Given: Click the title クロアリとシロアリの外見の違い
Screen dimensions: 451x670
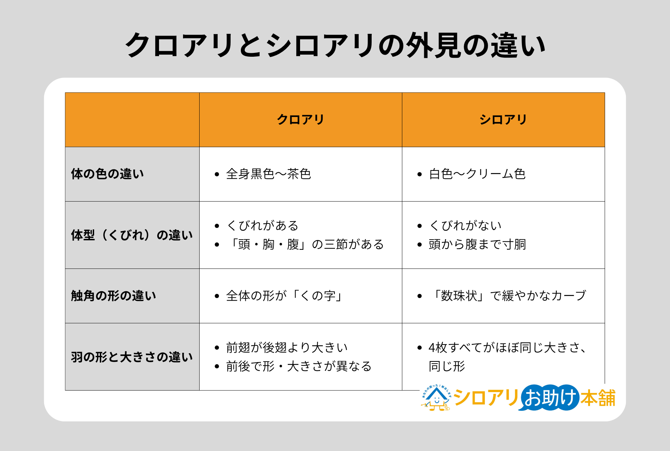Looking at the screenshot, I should coord(335,45).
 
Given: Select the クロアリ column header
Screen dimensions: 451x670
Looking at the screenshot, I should coord(300,120).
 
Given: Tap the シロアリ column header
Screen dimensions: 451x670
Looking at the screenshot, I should coord(503,120).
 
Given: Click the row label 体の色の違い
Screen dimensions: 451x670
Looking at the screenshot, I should coord(108,174).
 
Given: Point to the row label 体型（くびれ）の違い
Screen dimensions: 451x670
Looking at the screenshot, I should coord(132,235).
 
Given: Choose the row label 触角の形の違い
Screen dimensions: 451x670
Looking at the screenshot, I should coord(114,296).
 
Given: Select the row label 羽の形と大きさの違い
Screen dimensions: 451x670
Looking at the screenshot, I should coord(132,357).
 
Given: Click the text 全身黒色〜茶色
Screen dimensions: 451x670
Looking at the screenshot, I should coord(268,174).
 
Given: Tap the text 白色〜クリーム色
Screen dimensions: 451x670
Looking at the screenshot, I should coord(477,174).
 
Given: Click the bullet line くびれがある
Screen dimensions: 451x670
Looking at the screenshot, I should coord(263,225).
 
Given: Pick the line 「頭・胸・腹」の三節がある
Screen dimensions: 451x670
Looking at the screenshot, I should coord(305,244).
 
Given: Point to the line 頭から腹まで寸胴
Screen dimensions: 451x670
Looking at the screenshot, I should coord(477,244).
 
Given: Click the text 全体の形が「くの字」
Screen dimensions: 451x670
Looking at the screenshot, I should coord(284,296).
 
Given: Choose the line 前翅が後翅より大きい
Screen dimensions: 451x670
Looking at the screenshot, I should coord(287,347).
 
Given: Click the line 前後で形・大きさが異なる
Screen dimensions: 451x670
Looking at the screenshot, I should coord(299,366).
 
